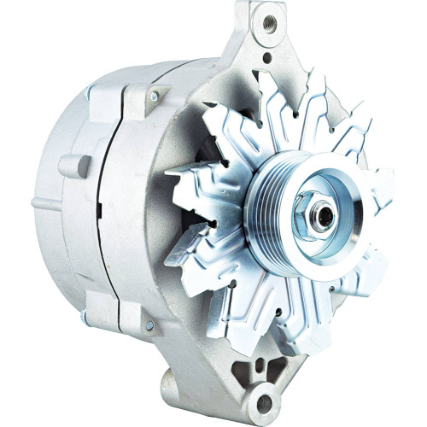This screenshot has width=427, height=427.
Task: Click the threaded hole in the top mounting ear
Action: [x=270, y=18]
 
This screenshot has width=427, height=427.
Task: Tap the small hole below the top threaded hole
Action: [x=267, y=58]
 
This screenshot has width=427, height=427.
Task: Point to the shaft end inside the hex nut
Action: [x=323, y=216]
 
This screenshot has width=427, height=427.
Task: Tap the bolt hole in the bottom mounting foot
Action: [x=265, y=402]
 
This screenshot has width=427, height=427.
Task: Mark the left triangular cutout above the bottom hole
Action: [x=246, y=369]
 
